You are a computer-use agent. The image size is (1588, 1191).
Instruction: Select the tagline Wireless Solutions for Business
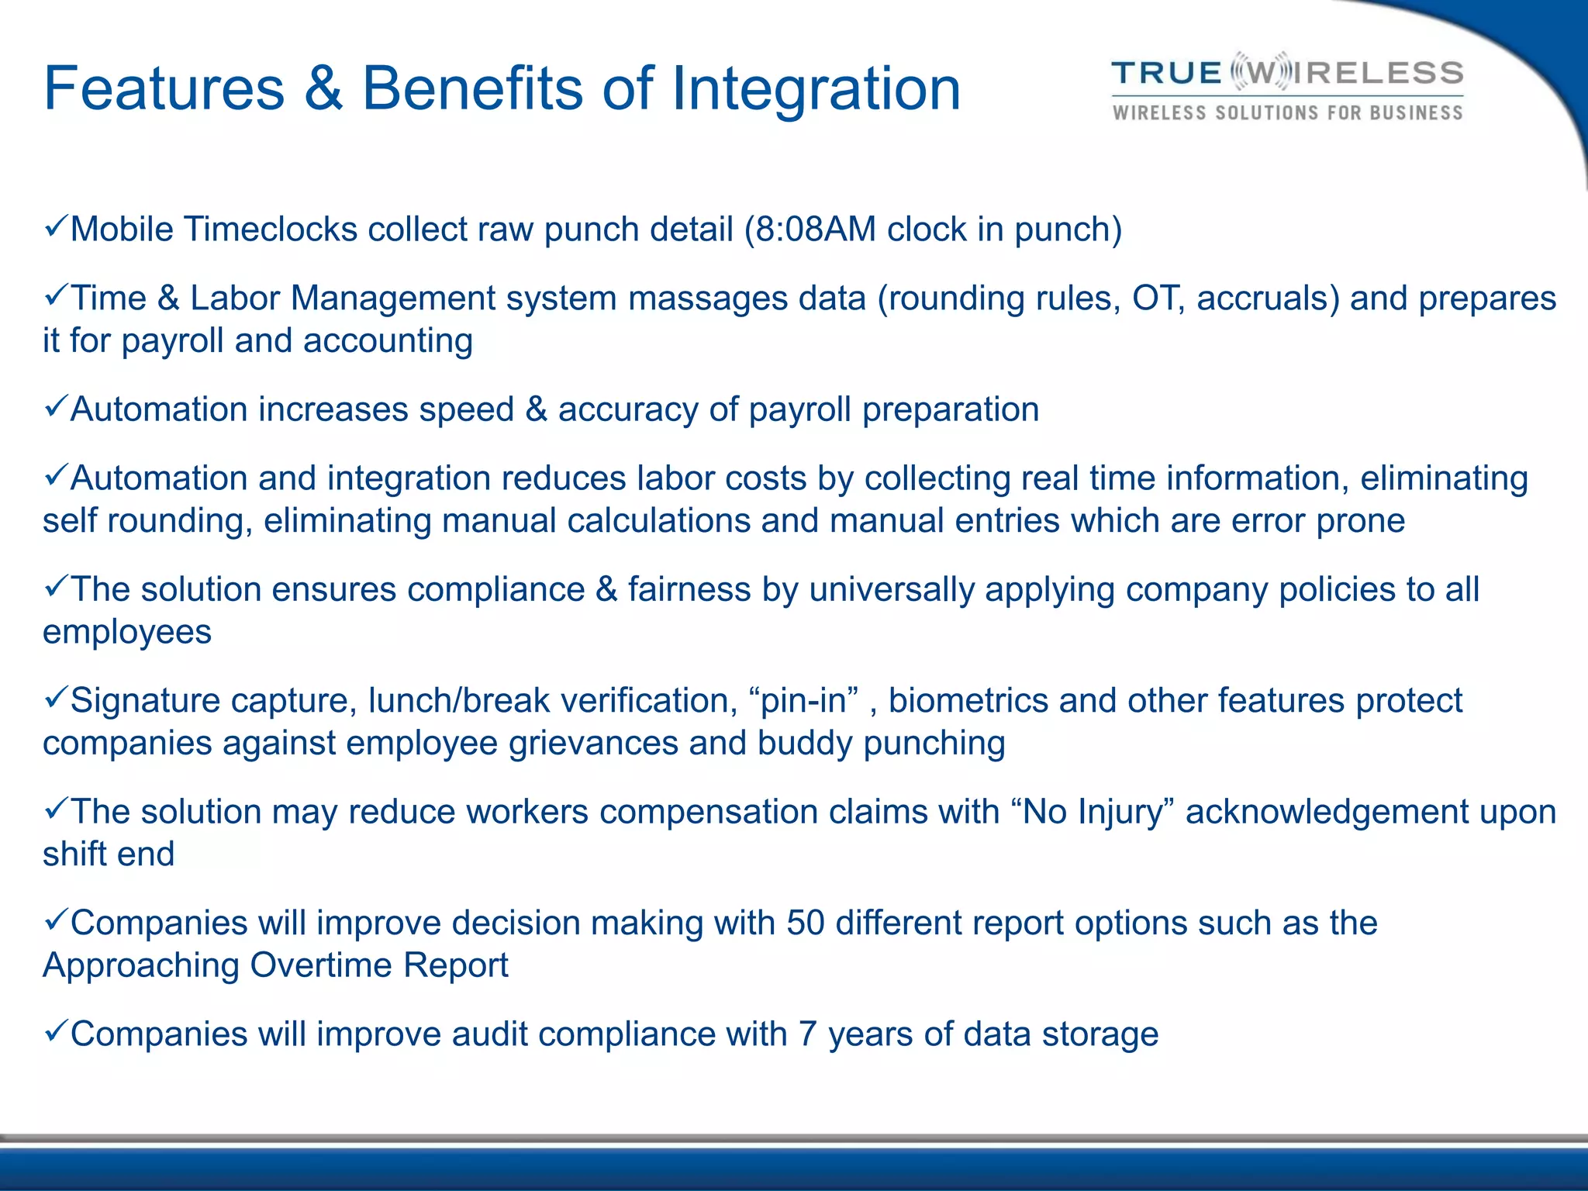(x=1287, y=113)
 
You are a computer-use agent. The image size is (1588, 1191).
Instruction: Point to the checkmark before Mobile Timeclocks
(x=56, y=227)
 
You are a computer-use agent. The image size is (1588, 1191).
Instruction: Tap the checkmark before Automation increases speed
(x=56, y=407)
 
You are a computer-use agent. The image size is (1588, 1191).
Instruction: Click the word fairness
(x=689, y=590)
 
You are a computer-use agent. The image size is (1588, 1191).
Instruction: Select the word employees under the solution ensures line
(x=127, y=633)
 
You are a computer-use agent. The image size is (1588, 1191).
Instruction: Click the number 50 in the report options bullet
(x=805, y=923)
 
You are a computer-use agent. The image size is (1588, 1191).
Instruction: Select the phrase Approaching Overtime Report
(x=275, y=966)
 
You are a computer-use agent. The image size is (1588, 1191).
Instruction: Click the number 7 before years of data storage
(x=807, y=1035)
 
